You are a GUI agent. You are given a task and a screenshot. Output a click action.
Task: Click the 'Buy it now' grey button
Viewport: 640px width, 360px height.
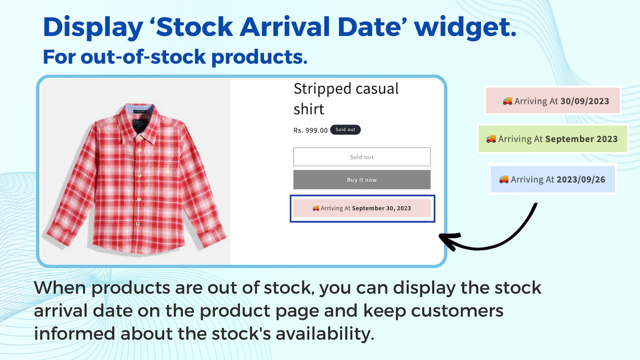coord(361,179)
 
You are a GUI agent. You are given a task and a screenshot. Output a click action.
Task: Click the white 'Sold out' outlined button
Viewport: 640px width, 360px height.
coord(361,157)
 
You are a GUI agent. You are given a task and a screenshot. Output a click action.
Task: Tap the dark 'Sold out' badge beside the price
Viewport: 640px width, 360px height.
coord(345,130)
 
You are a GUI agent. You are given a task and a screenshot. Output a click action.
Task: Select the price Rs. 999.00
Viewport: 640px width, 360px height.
coord(310,130)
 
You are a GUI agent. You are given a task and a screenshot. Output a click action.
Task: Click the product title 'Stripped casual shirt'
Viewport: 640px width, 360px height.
coord(346,98)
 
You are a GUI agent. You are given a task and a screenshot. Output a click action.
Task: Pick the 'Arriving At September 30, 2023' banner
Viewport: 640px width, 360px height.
coord(361,208)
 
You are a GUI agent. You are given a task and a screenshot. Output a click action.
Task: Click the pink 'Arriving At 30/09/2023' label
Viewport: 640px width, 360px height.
coord(553,101)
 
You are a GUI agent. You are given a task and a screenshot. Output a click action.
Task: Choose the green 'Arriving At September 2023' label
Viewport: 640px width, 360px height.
coord(552,139)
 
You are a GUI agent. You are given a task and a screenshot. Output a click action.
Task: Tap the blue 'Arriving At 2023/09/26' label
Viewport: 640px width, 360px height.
coord(552,179)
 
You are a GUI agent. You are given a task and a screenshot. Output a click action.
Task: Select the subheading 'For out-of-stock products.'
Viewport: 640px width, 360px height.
coord(175,57)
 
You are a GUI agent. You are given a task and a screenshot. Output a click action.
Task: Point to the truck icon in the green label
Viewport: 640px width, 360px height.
coord(491,139)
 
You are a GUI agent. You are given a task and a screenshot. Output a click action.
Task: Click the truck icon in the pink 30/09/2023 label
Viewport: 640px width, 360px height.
coord(507,101)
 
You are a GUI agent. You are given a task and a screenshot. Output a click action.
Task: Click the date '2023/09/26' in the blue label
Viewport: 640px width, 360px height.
coord(580,179)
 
